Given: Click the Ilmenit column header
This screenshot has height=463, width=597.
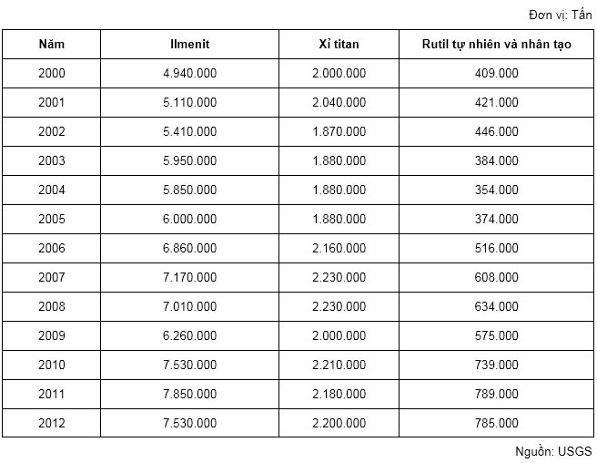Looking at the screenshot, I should (x=189, y=44).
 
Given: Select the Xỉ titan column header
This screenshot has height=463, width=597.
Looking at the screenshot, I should (x=339, y=44).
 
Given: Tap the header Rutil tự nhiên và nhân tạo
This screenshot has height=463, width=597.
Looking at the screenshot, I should (x=497, y=44).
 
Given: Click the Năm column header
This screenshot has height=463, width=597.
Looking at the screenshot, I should (x=52, y=44).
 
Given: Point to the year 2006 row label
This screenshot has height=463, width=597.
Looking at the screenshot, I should (x=52, y=248).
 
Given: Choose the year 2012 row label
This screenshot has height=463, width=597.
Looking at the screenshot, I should (x=52, y=423).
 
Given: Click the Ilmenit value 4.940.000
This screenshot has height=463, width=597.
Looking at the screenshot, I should (x=189, y=73).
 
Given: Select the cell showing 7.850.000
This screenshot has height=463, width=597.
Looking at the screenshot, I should (x=189, y=394).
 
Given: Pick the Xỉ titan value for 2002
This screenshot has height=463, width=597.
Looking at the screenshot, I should (x=339, y=131).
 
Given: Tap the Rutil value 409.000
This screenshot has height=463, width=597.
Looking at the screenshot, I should (x=497, y=73).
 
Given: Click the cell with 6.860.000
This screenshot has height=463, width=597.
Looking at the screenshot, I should (x=189, y=248).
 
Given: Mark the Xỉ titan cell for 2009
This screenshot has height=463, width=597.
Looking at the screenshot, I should (x=339, y=335).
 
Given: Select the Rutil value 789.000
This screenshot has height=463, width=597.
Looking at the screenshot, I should (x=497, y=394).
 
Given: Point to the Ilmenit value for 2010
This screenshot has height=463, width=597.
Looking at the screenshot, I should (x=189, y=365).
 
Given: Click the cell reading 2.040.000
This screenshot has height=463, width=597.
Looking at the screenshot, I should (x=339, y=102).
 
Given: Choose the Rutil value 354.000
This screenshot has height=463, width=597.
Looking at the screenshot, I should (x=497, y=190).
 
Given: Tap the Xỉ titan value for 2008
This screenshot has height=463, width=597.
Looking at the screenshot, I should (x=339, y=306).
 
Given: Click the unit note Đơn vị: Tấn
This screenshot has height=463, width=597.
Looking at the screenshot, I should (x=560, y=15).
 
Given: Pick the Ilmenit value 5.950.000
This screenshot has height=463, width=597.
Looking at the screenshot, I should (x=189, y=160).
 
